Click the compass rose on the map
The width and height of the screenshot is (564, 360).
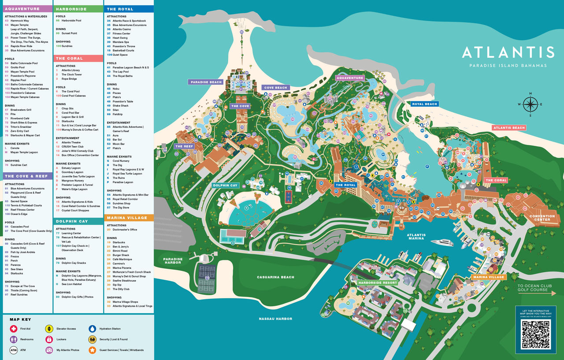pyautogui.click(x=530, y=104)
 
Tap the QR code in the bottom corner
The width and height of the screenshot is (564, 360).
pyautogui.click(x=536, y=334)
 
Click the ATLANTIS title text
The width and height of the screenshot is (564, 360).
pyautogui.click(x=508, y=52)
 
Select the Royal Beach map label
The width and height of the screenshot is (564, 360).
pyautogui.click(x=425, y=104)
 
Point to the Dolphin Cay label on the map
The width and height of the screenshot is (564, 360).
pyautogui.click(x=225, y=186)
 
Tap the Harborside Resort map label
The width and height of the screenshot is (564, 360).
pyautogui.click(x=378, y=282)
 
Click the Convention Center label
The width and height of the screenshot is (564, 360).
pyautogui.click(x=542, y=218)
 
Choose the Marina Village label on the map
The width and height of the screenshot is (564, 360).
pyautogui.click(x=488, y=277)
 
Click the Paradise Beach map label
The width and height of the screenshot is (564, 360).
pyautogui.click(x=206, y=82)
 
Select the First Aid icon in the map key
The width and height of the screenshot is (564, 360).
pyautogui.click(x=14, y=329)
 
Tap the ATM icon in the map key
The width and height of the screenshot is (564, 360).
pyautogui.click(x=14, y=350)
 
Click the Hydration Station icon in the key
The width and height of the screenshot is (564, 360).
pyautogui.click(x=92, y=329)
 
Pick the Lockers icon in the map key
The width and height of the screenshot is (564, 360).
pyautogui.click(x=49, y=339)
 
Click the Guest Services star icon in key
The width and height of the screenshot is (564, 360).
pyautogui.click(x=92, y=350)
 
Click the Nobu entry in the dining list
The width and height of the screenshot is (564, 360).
pyautogui.click(x=116, y=89)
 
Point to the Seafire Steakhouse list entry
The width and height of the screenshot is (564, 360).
pyautogui.click(x=124, y=281)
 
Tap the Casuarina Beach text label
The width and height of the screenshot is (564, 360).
pyautogui.click(x=275, y=277)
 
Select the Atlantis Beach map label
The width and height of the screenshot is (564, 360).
pyautogui.click(x=509, y=128)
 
